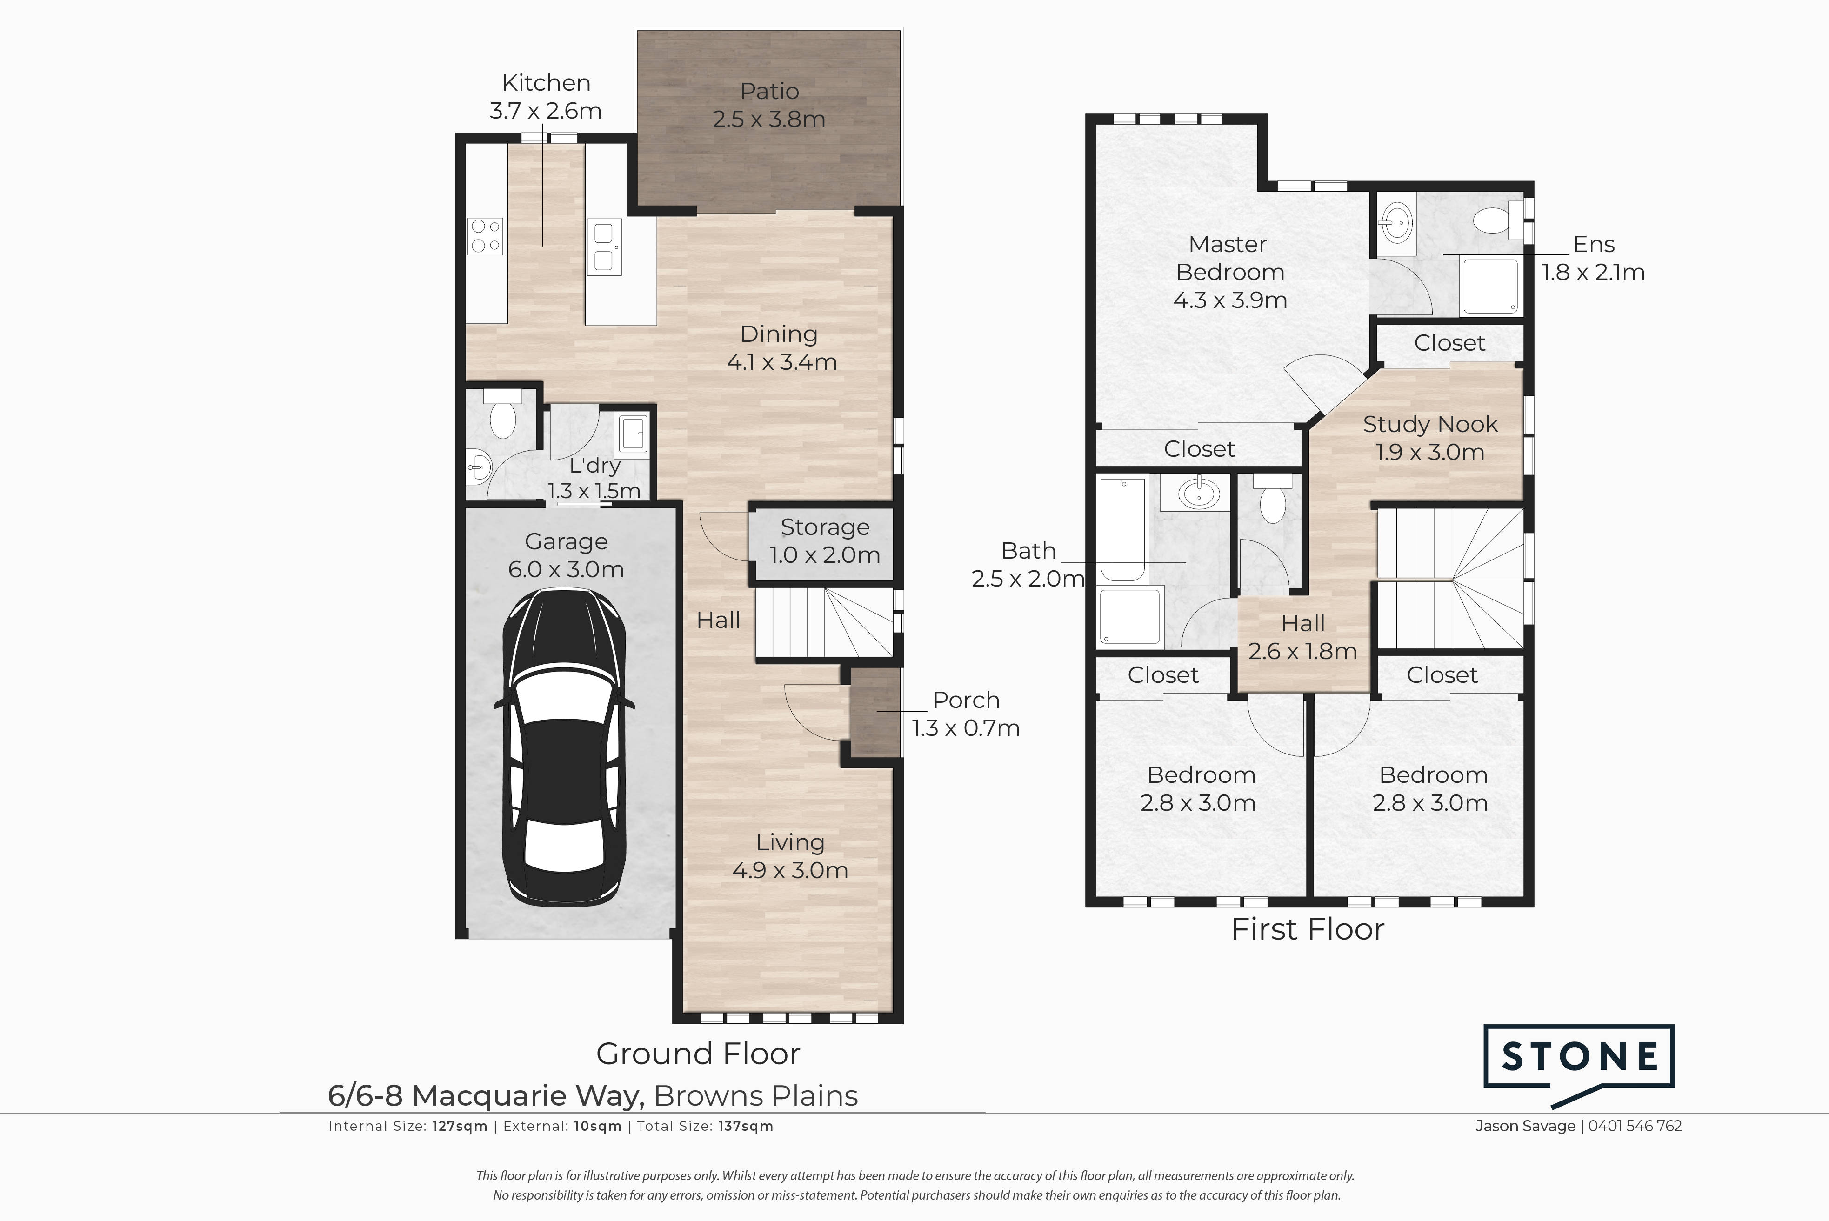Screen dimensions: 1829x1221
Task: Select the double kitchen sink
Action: point(604,247)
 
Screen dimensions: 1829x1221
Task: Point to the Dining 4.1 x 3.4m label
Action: point(781,348)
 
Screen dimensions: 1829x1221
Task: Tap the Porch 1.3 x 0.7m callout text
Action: point(966,713)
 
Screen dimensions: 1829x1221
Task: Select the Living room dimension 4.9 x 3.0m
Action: point(790,870)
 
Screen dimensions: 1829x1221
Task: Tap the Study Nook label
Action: point(1430,424)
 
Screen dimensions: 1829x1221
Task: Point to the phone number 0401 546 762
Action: point(1635,1126)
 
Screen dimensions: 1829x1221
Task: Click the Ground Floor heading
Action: point(698,1054)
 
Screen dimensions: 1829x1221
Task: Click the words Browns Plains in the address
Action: point(755,1095)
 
